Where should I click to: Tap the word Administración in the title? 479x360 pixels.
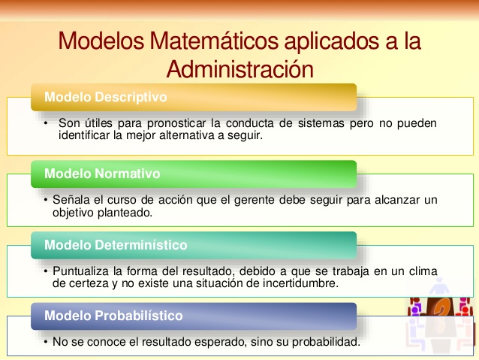coord(239,68)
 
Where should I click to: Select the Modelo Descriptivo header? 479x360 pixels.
coord(105,97)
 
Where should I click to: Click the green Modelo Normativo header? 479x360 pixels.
coord(102,174)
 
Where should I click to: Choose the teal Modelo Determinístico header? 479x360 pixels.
coord(116,245)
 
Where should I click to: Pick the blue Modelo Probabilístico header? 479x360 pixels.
coord(113,316)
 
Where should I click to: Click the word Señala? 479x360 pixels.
coord(72,200)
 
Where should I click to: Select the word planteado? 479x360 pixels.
coord(125,213)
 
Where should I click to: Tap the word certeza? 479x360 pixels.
coord(87,284)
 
